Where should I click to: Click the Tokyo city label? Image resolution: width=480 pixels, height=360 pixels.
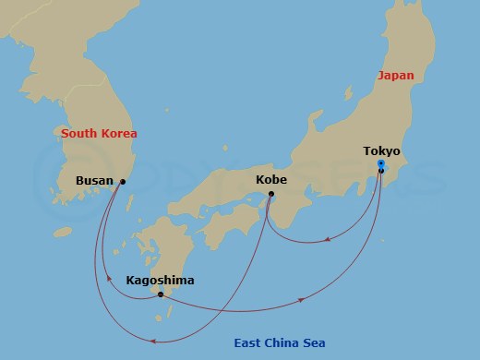point(381,150)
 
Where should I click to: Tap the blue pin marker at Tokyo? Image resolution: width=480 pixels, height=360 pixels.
point(381,165)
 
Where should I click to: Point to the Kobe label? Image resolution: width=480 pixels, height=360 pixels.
point(270,180)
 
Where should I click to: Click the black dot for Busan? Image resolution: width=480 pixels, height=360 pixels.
point(123,182)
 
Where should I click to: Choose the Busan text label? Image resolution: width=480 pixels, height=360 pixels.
point(94,181)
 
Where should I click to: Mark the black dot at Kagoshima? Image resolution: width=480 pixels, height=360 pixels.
point(161,294)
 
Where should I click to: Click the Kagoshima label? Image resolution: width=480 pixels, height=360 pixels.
point(160,280)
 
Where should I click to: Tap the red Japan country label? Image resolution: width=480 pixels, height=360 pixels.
point(395,76)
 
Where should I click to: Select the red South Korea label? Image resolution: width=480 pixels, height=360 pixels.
point(99,134)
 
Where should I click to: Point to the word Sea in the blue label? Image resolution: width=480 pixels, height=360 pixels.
point(314,343)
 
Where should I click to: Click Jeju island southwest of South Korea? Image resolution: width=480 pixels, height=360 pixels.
point(62,232)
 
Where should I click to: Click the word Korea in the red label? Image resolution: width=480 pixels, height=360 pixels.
point(118,134)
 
